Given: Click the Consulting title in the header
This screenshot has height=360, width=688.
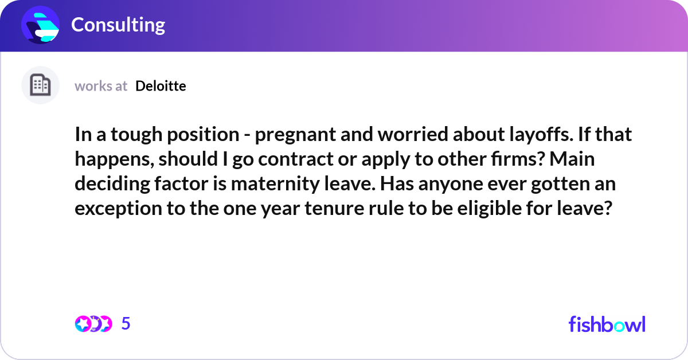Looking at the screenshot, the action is tap(118, 25).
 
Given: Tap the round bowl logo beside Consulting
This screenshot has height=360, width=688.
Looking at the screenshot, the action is tap(40, 25).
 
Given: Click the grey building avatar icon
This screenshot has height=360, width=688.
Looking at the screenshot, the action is tap(40, 85).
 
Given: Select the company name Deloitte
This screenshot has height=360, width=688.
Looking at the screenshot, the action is tap(161, 86).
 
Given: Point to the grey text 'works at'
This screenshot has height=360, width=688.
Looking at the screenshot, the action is tap(101, 87).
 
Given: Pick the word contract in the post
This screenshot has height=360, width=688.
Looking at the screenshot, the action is tap(296, 159).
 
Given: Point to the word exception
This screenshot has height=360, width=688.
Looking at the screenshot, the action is tap(119, 209).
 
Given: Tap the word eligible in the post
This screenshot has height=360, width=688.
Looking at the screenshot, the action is tap(489, 209).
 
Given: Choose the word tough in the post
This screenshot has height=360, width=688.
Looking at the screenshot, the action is tap(136, 135).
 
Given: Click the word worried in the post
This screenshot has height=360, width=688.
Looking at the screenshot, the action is tap(413, 134).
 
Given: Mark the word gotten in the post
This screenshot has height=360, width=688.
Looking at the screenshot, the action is tap(562, 184).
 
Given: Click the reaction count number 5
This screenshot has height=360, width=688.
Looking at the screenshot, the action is tap(126, 323).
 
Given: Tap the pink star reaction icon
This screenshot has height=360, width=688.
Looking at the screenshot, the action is tap(83, 324).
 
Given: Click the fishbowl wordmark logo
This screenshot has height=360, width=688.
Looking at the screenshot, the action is tap(607, 324).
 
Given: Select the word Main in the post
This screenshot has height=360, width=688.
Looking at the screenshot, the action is tap(572, 159).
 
